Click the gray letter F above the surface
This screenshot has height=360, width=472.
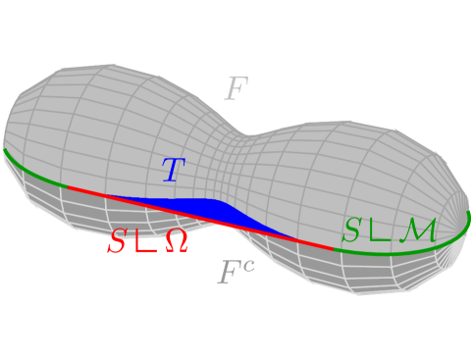pyautogui.click(x=236, y=90)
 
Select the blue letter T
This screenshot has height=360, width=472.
pyautogui.click(x=173, y=171)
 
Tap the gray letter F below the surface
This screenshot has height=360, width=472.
pyautogui.click(x=229, y=274)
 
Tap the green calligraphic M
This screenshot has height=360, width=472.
pyautogui.click(x=422, y=231)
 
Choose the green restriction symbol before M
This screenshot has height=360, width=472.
pyautogui.click(x=381, y=231)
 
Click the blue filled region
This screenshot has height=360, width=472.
pyautogui.click(x=196, y=206)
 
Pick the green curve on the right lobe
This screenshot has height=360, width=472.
pyautogui.click(x=412, y=245)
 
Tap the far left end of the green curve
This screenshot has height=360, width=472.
pyautogui.click(x=4, y=150)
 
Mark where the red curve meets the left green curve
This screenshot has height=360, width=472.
pyautogui.click(x=67, y=184)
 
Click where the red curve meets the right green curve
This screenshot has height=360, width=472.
pyautogui.click(x=334, y=249)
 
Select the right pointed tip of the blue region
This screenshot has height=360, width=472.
pyautogui.click(x=294, y=238)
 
